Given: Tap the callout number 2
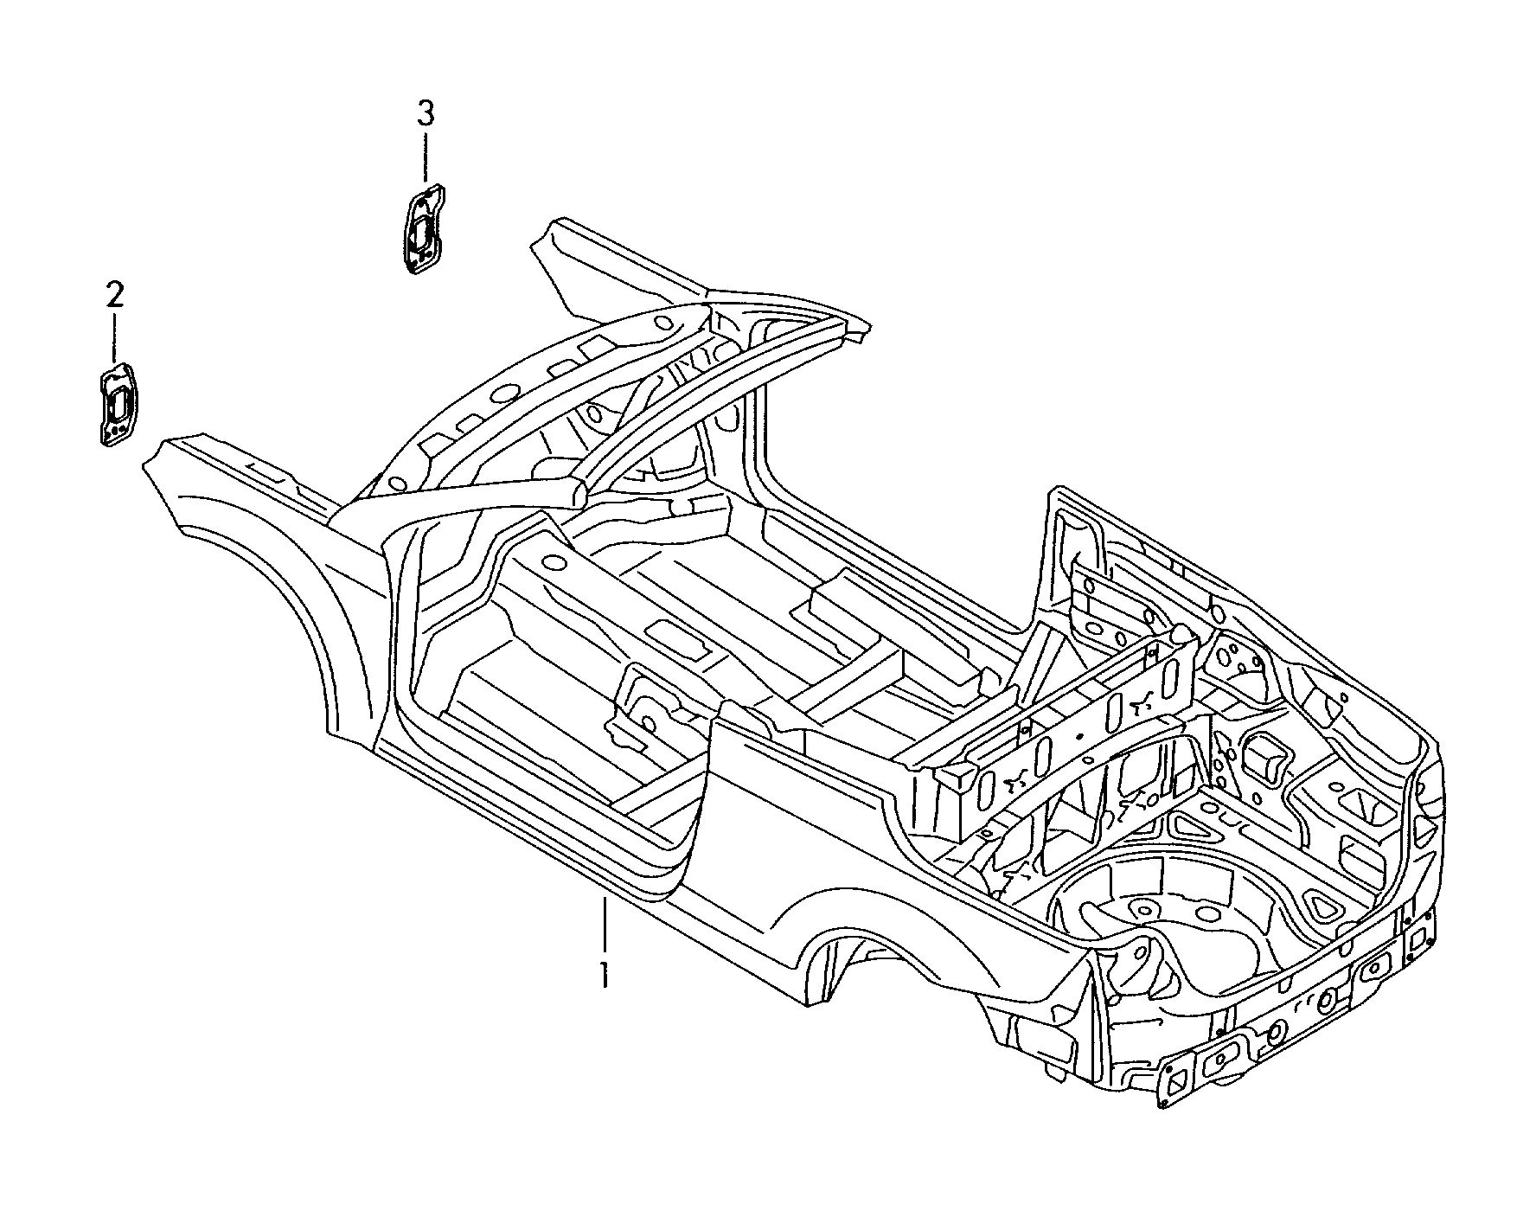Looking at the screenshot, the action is pos(114,296).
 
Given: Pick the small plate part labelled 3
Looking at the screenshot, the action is pos(425,227).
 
